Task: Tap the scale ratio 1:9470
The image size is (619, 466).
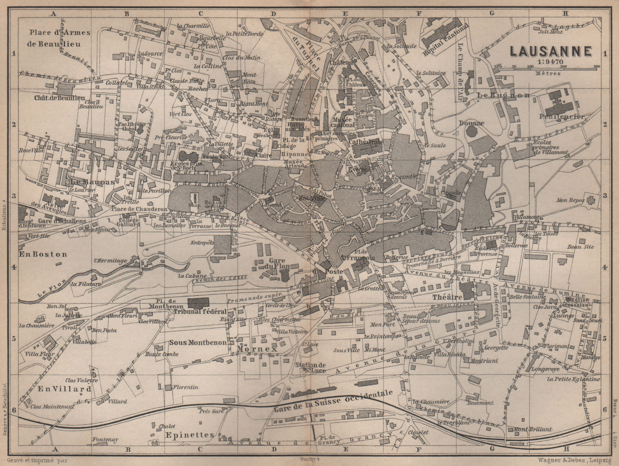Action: coord(549,61)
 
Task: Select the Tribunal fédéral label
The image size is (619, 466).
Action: coord(200,312)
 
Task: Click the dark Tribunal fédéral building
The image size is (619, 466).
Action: coord(198,302)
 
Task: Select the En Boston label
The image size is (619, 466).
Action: coord(43,254)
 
